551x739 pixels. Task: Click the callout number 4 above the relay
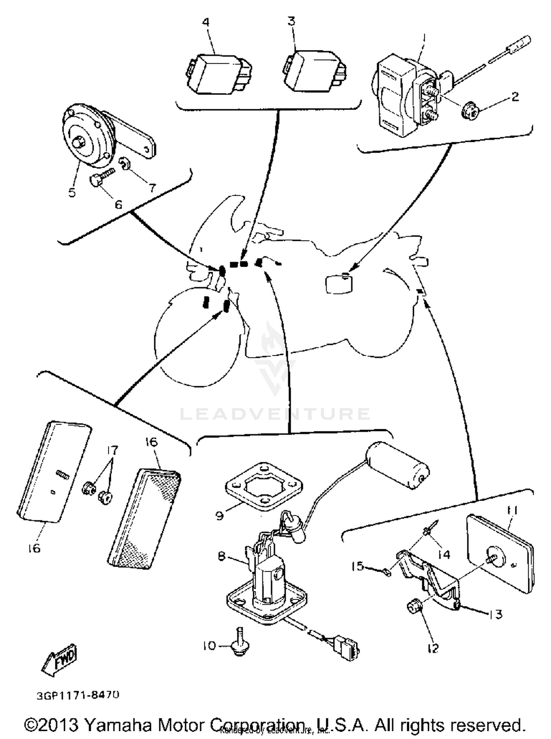pos(206,22)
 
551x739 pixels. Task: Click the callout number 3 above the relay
pos(291,21)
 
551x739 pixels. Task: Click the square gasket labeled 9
pos(263,487)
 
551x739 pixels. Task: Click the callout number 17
pos(112,450)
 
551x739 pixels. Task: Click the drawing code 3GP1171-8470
pos(78,695)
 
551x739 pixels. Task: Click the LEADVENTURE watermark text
pos(275,414)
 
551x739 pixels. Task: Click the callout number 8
pos(222,556)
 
